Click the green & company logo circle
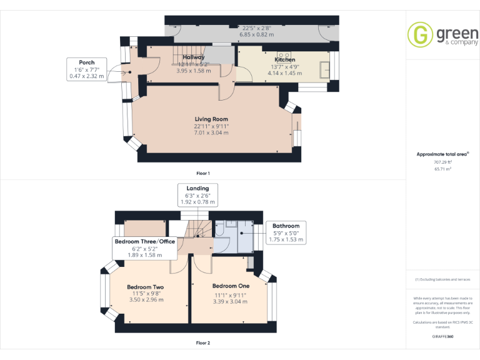coord(420,35)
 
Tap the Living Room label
coord(211,119)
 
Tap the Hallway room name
coord(194,57)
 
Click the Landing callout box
coord(197,195)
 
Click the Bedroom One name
coord(231,286)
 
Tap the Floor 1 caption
coord(202,173)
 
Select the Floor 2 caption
coord(202,342)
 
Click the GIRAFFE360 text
coord(443,337)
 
